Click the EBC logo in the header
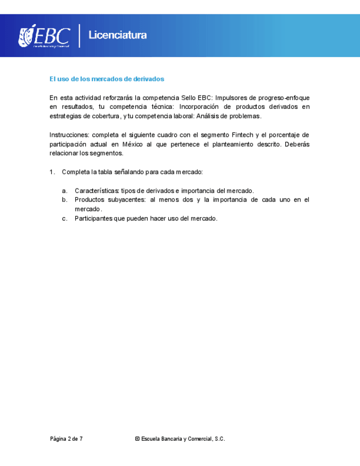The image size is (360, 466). (45, 36)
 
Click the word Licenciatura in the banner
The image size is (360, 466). (118, 36)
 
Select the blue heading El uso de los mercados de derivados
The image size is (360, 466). (107, 79)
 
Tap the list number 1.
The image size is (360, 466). (52, 172)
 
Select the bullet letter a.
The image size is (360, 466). (64, 191)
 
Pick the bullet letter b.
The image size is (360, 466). (64, 200)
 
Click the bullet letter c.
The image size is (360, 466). (64, 219)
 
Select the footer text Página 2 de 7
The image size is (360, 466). (67, 439)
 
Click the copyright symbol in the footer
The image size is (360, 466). (136, 439)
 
